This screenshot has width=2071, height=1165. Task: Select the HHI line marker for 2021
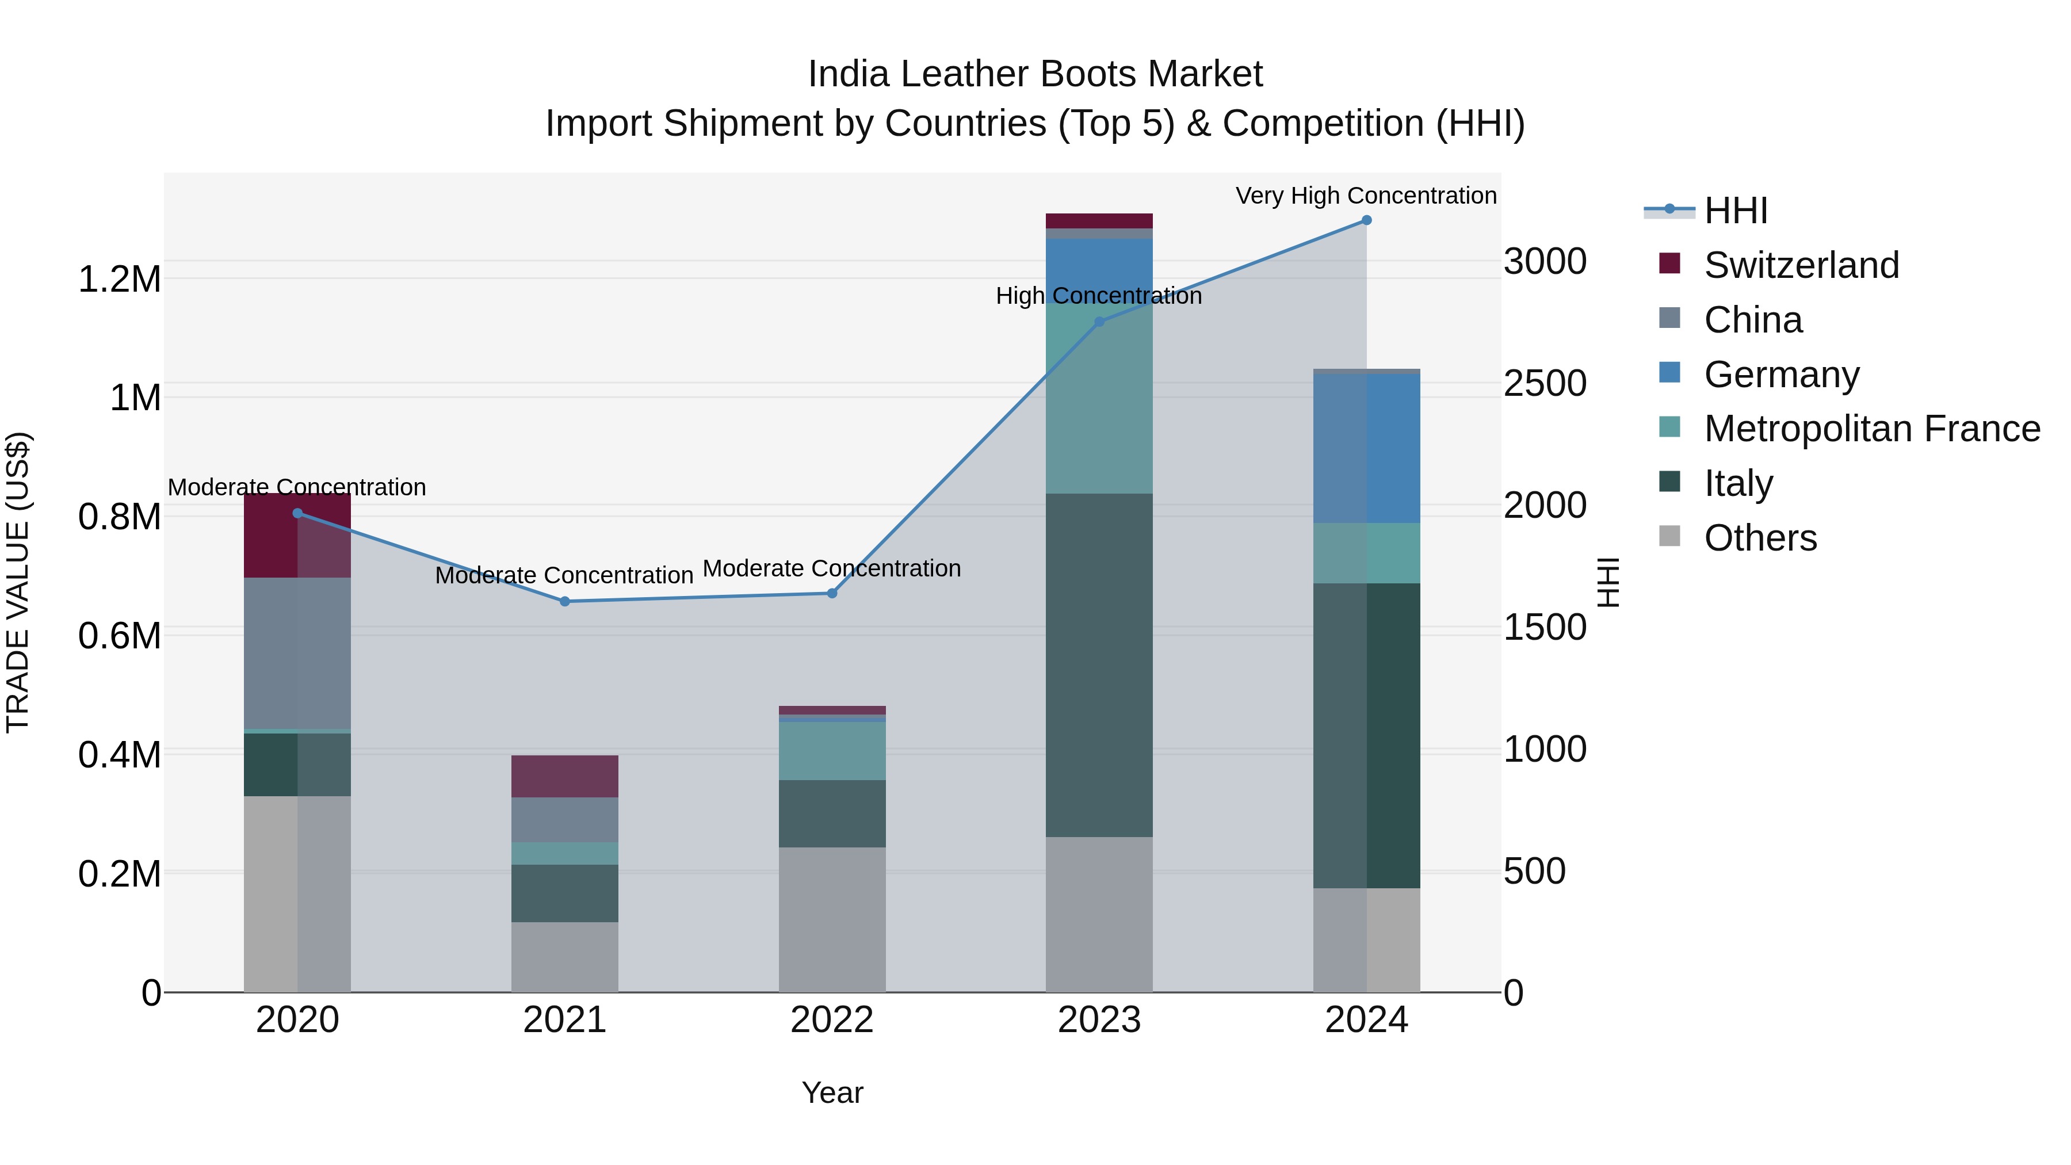[564, 601]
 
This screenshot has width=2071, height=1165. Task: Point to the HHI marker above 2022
[832, 593]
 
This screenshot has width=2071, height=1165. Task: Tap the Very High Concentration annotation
[1365, 196]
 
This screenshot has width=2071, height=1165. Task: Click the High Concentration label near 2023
[1098, 296]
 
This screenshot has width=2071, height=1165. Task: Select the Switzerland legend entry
[1801, 265]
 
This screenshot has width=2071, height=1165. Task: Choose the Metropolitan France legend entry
[1871, 429]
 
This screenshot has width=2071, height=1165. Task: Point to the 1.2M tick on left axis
[119, 279]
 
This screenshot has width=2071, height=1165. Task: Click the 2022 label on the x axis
[832, 1020]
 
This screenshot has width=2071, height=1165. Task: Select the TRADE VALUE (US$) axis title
[18, 582]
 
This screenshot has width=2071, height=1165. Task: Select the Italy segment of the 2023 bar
[1098, 665]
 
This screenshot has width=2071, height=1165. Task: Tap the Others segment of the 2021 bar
[564, 957]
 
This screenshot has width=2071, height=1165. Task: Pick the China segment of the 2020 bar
[297, 653]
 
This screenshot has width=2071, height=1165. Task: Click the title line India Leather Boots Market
[1035, 74]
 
